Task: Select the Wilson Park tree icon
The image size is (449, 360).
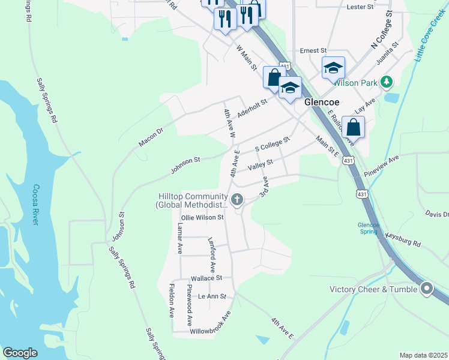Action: pyautogui.click(x=388, y=81)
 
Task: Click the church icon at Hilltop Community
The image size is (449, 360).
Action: pyautogui.click(x=237, y=199)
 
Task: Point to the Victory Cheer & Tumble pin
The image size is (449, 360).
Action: pyautogui.click(x=427, y=289)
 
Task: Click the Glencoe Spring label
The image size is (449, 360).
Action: pyautogui.click(x=369, y=229)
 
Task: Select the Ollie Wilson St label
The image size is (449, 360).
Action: pyautogui.click(x=198, y=218)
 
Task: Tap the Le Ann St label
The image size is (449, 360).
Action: pyautogui.click(x=212, y=296)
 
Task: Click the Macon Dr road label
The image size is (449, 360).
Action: pyautogui.click(x=151, y=135)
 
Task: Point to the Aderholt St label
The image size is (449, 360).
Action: pyautogui.click(x=252, y=108)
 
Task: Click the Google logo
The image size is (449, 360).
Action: pyautogui.click(x=20, y=353)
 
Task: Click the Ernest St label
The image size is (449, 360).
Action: pyautogui.click(x=313, y=51)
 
